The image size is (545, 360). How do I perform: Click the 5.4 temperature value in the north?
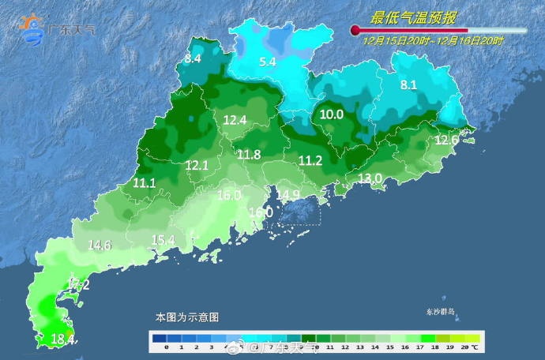pos(268,61)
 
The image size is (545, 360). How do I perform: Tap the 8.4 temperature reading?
pos(194,58)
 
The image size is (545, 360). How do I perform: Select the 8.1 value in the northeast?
pos(408,85)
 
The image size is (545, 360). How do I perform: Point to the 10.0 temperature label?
pos(332,114)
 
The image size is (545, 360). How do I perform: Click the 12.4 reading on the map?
pos(235,121)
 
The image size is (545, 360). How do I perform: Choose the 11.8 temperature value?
pos(249,155)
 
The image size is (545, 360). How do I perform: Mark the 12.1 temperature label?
pos(197,166)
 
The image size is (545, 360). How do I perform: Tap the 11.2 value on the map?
pos(310,161)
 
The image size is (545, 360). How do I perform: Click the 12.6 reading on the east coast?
pos(447,141)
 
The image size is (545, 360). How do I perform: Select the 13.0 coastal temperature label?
pos(370,179)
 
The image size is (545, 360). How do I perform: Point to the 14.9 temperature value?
pos(288,195)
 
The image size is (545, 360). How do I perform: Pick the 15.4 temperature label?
pos(163,240)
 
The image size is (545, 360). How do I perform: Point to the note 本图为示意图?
pos(187,317)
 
